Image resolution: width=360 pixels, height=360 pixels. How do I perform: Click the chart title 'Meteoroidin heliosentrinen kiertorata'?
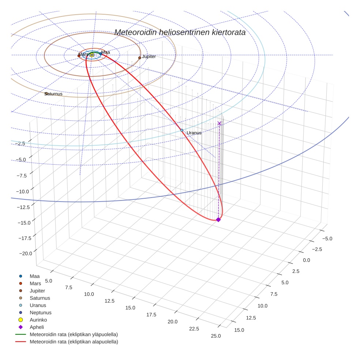pos(180,32)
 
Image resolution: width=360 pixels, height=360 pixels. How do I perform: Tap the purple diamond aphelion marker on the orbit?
pos(218,220)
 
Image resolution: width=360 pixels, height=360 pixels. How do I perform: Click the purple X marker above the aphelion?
pos(220,124)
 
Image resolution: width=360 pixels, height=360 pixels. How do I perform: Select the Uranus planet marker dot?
pos(182,130)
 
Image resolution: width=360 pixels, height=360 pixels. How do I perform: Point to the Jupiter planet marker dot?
pos(140,58)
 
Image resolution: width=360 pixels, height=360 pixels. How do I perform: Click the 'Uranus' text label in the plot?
pos(194,133)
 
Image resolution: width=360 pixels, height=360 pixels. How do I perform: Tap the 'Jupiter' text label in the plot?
pos(149,57)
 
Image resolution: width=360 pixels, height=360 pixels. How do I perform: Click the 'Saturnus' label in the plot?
pos(53,94)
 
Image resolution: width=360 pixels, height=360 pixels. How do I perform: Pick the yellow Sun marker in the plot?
pos(92,55)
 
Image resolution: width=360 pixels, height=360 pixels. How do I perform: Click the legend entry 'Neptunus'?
pos(40,312)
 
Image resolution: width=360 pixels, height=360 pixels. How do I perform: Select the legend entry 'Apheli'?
pos(37,327)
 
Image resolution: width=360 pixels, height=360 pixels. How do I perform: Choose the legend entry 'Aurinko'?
pos(38,320)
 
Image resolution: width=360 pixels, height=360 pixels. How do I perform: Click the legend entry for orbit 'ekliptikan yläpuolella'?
pos(74,334)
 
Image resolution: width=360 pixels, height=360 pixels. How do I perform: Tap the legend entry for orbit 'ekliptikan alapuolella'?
pos(74,342)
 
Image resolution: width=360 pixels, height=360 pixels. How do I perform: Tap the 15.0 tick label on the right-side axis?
pos(239,330)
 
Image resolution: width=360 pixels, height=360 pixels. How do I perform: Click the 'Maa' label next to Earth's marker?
pos(106,53)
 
